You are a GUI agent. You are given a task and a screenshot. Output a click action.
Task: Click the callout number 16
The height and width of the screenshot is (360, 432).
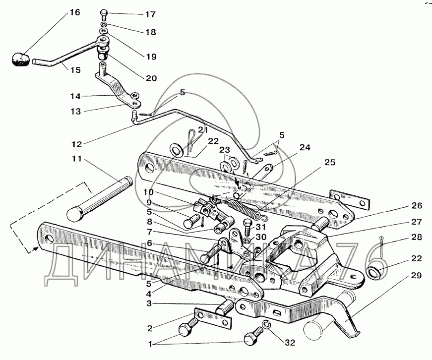(x=74, y=12)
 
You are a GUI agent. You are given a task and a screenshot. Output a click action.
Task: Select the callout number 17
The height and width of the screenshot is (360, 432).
(x=150, y=14)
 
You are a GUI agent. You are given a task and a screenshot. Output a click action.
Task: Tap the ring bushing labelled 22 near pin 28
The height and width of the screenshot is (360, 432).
(x=376, y=272)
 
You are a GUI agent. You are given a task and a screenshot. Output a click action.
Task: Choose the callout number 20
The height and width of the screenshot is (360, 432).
(x=150, y=78)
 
